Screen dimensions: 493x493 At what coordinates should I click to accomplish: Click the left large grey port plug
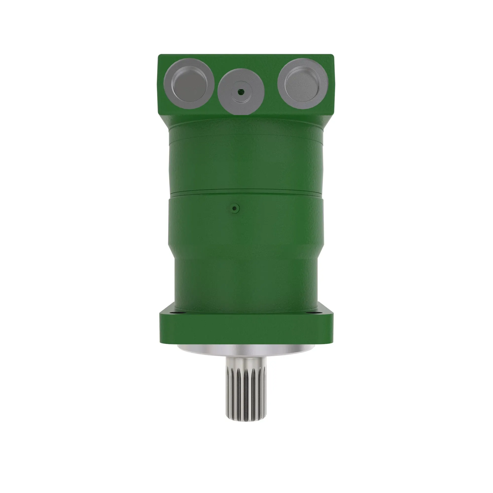(190, 84)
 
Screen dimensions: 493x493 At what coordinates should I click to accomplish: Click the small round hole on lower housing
(234, 209)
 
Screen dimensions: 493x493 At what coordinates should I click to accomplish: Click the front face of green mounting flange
(246, 329)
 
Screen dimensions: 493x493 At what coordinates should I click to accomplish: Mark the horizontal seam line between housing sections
(246, 191)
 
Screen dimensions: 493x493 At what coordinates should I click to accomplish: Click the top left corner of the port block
(159, 55)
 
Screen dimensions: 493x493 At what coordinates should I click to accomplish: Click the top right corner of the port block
(333, 55)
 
